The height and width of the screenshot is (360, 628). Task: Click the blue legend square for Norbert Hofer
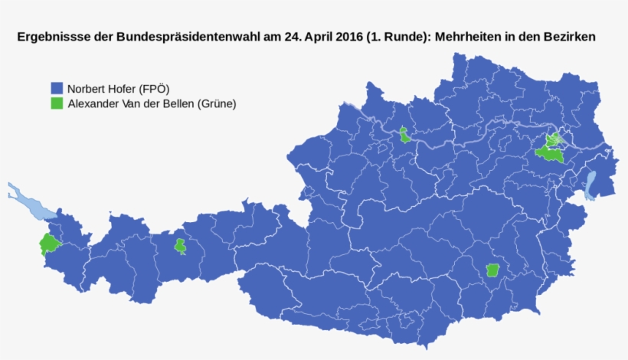57,88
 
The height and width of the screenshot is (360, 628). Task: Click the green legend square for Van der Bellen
57,103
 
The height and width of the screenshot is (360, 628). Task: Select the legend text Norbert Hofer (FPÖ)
118,88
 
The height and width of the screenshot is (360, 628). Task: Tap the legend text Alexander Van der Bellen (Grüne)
152,103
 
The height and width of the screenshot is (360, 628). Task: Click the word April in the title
313,37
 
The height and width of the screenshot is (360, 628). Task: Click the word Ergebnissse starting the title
51,37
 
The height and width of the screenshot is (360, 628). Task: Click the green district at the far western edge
49,244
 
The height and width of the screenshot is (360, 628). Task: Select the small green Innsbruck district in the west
180,246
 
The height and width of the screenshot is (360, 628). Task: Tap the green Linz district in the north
404,136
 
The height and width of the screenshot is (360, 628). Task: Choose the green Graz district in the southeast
493,270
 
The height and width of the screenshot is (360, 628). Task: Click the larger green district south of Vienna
549,154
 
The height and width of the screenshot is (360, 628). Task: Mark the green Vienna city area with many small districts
554,140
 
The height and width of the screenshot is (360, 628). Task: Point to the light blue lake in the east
590,185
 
